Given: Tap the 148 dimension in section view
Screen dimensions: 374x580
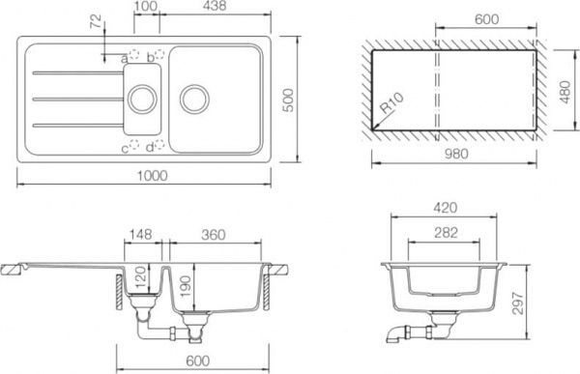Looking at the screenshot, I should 141,234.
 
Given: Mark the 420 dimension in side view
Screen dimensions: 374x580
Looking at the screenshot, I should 446,206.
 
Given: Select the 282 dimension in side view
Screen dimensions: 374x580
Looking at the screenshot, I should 446,233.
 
